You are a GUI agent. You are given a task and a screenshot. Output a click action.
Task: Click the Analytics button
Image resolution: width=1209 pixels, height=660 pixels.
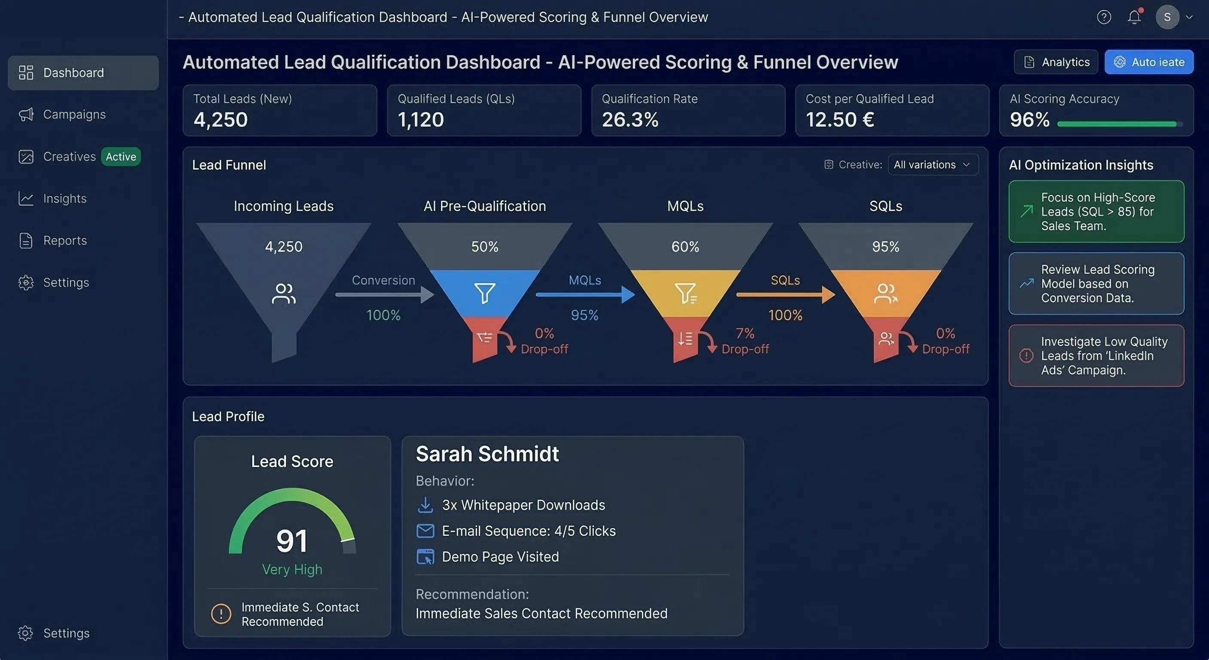click(x=1056, y=62)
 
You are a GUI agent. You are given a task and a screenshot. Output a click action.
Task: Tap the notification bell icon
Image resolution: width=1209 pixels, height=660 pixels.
click(x=1134, y=17)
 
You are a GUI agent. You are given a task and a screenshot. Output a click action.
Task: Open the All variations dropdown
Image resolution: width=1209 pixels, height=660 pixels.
click(x=933, y=165)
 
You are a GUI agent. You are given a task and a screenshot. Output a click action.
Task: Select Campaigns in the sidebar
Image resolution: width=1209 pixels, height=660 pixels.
click(x=74, y=115)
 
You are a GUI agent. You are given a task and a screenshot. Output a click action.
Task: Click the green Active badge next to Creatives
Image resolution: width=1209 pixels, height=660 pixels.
click(x=121, y=156)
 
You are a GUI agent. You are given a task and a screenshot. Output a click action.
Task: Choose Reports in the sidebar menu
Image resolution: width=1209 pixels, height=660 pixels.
click(x=65, y=241)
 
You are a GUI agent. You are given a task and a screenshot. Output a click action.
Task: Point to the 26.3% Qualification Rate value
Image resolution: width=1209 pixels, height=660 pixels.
click(x=630, y=120)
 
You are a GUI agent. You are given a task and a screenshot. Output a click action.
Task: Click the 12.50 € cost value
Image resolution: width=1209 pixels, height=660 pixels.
click(x=840, y=120)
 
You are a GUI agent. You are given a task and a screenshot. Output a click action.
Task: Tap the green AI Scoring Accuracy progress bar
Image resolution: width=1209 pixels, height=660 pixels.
click(x=1117, y=124)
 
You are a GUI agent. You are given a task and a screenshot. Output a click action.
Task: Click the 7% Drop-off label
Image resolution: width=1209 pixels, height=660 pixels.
click(x=745, y=341)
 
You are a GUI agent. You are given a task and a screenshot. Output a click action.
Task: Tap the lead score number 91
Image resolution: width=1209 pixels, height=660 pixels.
click(x=292, y=541)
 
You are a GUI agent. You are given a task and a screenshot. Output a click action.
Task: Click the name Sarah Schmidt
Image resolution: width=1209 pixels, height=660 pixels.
click(x=487, y=454)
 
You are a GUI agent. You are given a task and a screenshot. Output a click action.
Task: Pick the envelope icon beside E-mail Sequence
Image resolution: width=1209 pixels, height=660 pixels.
click(x=425, y=531)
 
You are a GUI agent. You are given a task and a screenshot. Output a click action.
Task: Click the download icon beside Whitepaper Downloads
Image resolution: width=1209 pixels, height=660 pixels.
click(x=425, y=505)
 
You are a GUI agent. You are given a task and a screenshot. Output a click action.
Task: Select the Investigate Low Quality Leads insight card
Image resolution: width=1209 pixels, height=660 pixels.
click(x=1096, y=356)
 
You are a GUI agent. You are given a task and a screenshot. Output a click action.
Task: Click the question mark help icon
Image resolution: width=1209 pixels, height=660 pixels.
click(x=1104, y=17)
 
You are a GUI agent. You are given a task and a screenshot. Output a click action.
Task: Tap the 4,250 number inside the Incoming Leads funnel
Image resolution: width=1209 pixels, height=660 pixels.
click(x=283, y=247)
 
